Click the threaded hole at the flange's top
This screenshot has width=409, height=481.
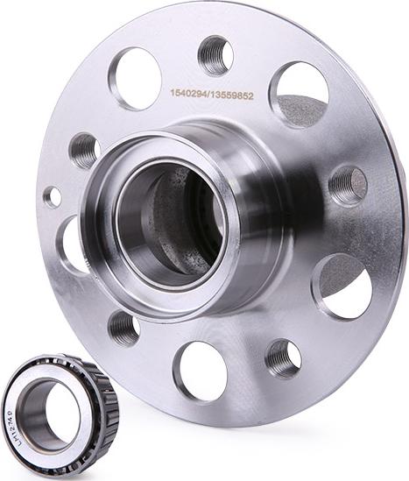click(x=215, y=55)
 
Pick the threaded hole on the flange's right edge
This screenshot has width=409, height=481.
click(x=348, y=185)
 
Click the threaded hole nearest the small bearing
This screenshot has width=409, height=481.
click(x=123, y=329)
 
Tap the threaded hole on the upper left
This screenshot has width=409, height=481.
click(x=84, y=151)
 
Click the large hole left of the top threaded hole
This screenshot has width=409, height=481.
click(x=135, y=78)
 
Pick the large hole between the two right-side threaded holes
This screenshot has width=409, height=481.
click(x=344, y=286)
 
